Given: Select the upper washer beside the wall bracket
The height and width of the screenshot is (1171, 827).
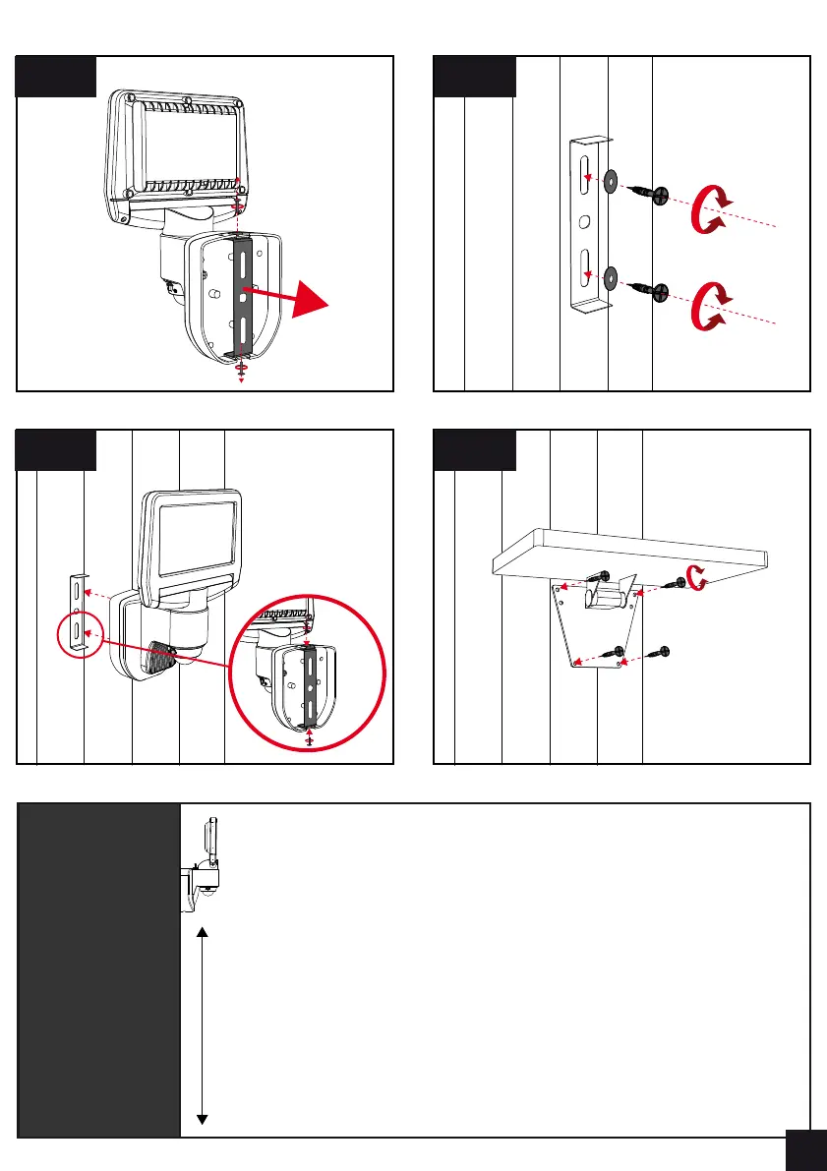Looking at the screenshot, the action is pyautogui.click(x=611, y=180).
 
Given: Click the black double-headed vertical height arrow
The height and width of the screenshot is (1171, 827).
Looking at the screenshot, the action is pyautogui.click(x=202, y=1023).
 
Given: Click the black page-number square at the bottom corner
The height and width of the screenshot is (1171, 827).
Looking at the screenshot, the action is pyautogui.click(x=806, y=1149).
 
